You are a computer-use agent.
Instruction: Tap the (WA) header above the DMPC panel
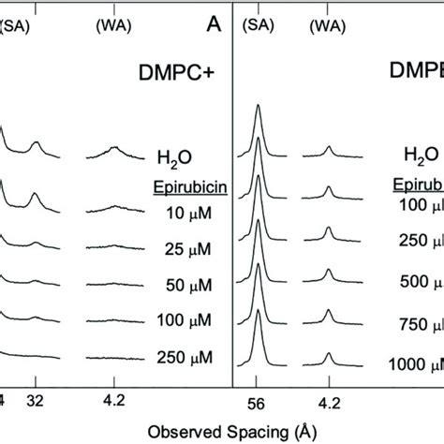point(114,13)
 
